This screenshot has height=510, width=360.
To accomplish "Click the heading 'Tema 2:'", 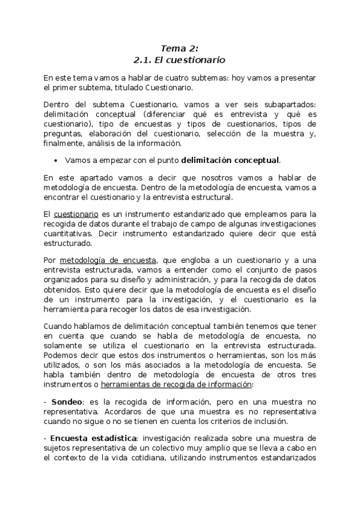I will point(179,48).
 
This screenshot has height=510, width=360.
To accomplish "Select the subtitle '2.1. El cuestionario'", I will point(179,60).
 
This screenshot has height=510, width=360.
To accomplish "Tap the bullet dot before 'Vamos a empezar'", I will point(55,161).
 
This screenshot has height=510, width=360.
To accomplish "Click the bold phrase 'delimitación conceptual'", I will point(230,161).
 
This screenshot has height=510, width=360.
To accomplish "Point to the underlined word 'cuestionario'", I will point(76,215).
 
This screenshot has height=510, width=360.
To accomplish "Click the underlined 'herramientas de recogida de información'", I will point(177,384).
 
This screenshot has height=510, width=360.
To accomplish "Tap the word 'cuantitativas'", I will point(68,233).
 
